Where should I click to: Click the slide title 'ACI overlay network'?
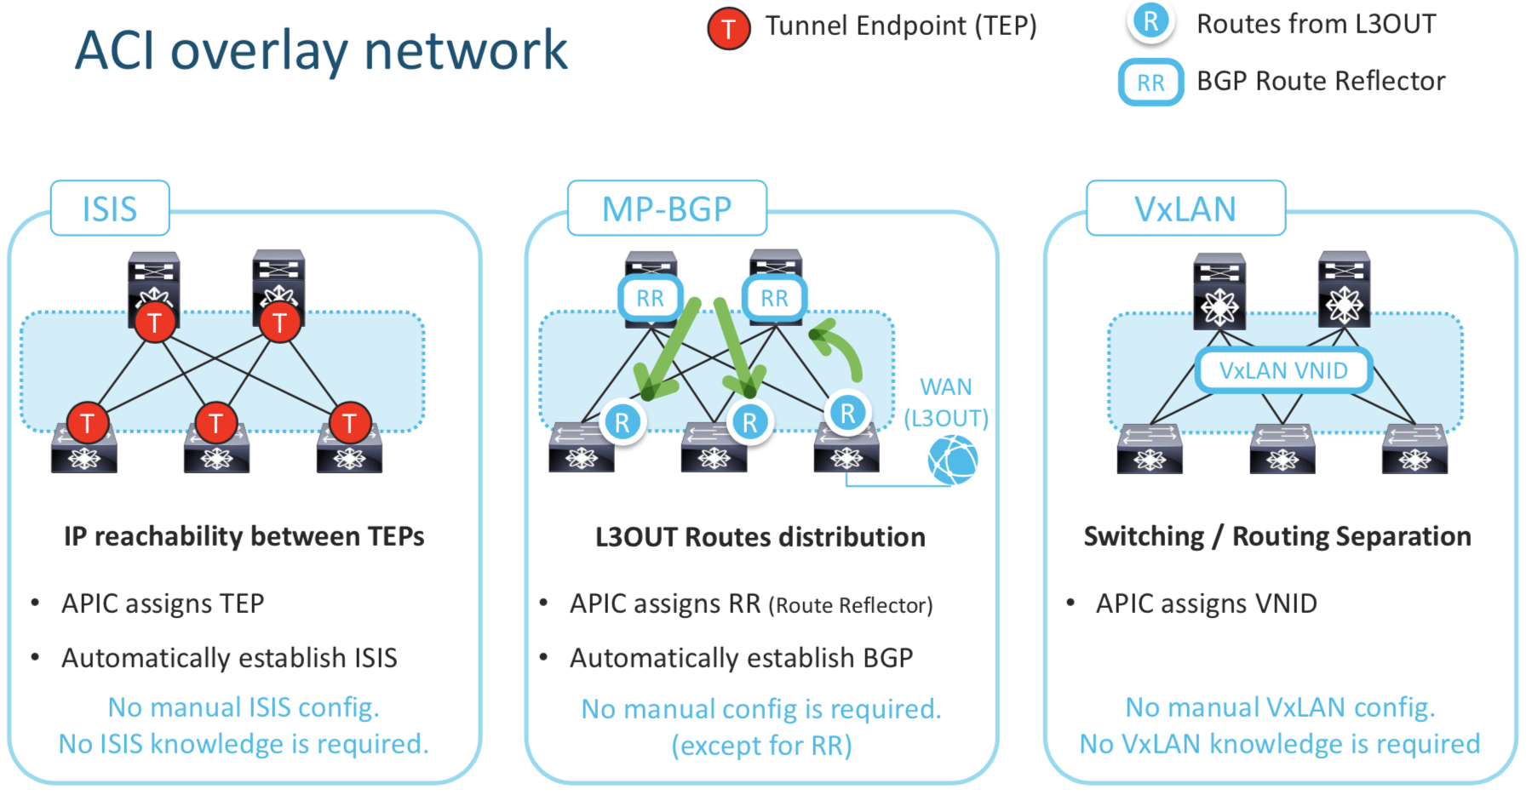[x=321, y=50]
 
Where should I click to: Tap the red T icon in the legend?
[x=728, y=29]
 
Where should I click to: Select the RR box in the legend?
[x=1150, y=83]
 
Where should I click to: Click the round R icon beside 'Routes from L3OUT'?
[x=1150, y=22]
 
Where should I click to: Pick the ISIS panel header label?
[x=110, y=209]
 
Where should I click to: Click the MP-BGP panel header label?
[x=667, y=209]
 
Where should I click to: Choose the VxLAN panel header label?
[x=1185, y=209]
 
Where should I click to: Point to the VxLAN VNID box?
[x=1283, y=370]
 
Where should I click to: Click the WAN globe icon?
[x=953, y=460]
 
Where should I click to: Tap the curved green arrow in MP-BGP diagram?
[x=839, y=347]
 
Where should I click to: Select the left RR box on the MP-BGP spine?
[x=650, y=299]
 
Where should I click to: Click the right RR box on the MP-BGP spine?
[x=774, y=299]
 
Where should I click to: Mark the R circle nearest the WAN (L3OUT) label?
[x=847, y=414]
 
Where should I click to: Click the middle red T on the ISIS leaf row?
[x=215, y=423]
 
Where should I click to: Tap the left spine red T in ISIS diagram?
[x=154, y=323]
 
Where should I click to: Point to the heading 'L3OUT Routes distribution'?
[x=760, y=537]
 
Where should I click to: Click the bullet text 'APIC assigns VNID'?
[x=1206, y=604]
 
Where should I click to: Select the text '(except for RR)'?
[x=761, y=746]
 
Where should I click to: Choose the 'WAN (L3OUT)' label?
[x=946, y=403]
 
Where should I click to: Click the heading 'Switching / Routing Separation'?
[x=1277, y=536]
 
